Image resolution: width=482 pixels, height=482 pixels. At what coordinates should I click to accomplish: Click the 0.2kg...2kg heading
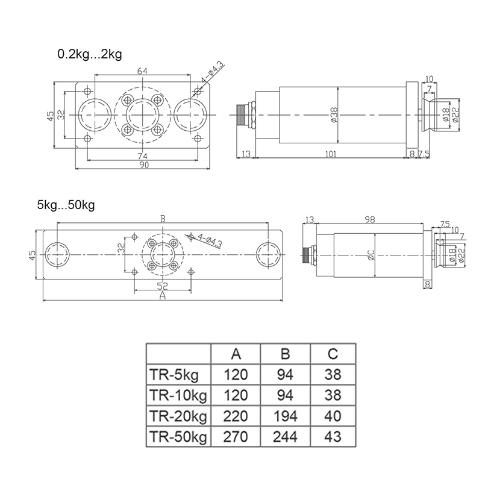tap(90, 55)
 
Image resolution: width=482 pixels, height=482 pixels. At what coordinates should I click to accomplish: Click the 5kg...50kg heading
tap(66, 204)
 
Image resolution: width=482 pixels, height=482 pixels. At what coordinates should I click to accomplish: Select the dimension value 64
tap(142, 71)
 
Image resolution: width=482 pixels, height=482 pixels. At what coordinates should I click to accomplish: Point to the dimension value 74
tap(142, 156)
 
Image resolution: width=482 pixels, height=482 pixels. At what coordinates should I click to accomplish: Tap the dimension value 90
tap(143, 166)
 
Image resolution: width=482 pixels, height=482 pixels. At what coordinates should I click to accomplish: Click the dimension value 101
tap(330, 154)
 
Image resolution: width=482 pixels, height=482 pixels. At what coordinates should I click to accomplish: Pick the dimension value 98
tap(371, 221)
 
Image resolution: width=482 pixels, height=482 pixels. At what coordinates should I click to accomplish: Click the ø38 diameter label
tap(334, 114)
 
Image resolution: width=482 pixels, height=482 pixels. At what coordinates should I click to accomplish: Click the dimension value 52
tap(162, 286)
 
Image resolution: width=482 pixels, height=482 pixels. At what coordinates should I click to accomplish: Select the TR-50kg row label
tap(178, 436)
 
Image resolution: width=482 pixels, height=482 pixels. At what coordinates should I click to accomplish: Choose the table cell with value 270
tap(236, 436)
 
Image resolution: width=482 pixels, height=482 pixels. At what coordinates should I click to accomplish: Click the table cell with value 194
tap(285, 416)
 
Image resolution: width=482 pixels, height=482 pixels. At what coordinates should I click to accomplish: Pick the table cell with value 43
tap(332, 436)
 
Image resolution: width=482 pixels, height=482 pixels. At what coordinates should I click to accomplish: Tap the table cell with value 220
tap(236, 416)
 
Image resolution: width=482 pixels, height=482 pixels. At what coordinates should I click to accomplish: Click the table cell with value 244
tap(285, 436)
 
